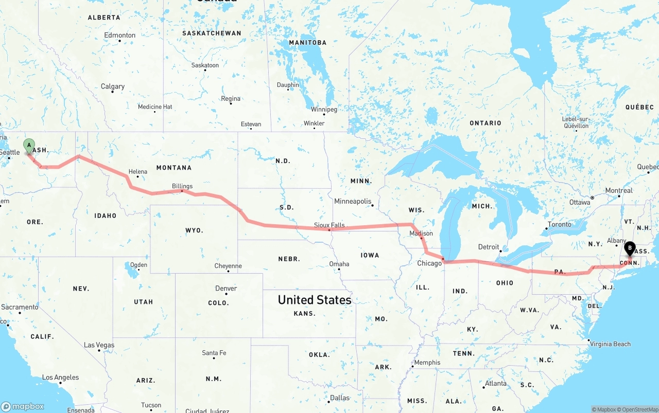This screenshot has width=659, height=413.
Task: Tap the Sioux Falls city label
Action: (x=329, y=225)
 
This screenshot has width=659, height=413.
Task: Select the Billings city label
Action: (x=182, y=186)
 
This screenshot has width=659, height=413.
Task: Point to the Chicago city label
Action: (x=429, y=263)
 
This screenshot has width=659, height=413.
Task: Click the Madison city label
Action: (x=421, y=234)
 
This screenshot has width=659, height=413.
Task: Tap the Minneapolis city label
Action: (x=353, y=201)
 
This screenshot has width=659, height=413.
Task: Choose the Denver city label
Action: (x=227, y=289)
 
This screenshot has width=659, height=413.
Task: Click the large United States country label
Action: (x=315, y=300)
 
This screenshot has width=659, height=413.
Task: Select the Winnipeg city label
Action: (x=324, y=110)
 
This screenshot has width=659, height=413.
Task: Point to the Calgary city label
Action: (x=113, y=86)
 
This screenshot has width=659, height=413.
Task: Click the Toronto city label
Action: (x=559, y=224)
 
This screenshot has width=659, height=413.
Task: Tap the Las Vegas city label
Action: (x=99, y=345)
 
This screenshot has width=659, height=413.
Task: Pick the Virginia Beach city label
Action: (x=610, y=344)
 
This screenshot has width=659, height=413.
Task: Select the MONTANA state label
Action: (x=174, y=168)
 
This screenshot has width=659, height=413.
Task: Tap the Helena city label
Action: (x=137, y=172)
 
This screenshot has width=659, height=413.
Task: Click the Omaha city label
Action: (x=339, y=264)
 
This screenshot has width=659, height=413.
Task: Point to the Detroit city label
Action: (x=489, y=247)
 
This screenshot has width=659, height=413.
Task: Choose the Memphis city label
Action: (x=427, y=362)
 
